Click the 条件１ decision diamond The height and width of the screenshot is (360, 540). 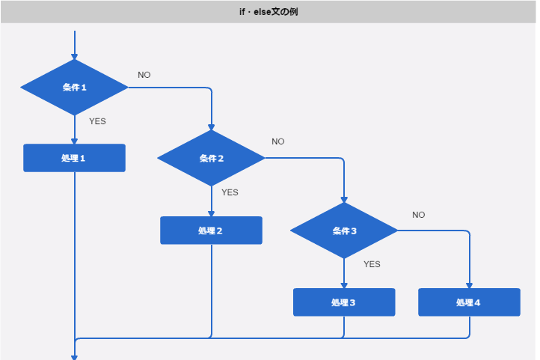75,88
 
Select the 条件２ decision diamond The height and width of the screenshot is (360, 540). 212,158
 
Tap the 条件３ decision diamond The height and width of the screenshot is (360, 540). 344,231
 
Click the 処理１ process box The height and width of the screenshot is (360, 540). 75,158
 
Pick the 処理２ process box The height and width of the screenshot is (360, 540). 212,231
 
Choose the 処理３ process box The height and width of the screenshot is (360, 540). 344,302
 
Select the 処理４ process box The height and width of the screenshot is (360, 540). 469,302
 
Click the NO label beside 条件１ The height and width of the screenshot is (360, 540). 144,75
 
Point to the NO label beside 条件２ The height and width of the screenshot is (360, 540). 278,141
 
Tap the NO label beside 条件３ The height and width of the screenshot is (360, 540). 419,215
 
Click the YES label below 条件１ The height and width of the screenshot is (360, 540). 98,121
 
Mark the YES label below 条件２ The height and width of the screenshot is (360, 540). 230,192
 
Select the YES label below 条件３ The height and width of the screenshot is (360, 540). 372,264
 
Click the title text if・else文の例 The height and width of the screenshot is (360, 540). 269,12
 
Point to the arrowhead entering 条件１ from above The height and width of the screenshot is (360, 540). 75,56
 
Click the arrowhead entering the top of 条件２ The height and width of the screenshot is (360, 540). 212,126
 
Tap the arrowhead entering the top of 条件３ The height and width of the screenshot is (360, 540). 344,199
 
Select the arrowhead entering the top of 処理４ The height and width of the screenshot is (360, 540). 469,284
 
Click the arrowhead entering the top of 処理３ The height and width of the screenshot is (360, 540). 344,284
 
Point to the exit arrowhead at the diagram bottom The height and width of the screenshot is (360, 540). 75,357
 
